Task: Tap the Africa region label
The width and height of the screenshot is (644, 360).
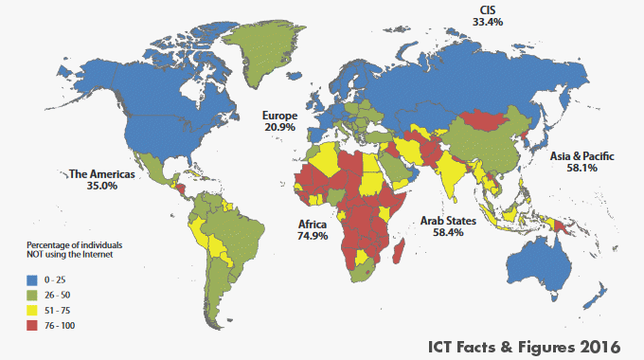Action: tap(312, 224)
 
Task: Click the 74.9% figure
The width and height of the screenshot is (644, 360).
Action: tap(312, 236)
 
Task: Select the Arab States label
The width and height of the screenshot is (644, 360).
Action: tap(449, 220)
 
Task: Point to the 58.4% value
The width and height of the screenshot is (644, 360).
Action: tap(449, 232)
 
